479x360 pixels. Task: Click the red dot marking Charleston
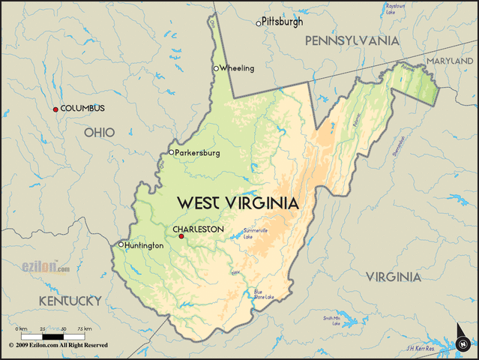(x=181, y=236)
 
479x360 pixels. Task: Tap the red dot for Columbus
(x=55, y=109)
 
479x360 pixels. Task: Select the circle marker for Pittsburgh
(x=259, y=23)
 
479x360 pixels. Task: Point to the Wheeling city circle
(x=216, y=69)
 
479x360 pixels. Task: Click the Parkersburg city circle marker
(x=171, y=152)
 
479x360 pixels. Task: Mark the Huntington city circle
(x=121, y=244)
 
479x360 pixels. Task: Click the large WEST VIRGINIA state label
(x=237, y=203)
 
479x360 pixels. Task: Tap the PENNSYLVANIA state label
(x=352, y=41)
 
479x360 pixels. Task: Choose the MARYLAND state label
(x=451, y=60)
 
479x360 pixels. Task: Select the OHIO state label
(x=99, y=133)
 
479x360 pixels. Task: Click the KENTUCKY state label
(x=70, y=301)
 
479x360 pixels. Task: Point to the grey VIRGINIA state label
(x=393, y=277)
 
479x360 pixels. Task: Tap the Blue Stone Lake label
(x=263, y=294)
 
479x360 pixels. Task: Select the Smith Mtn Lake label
(x=332, y=320)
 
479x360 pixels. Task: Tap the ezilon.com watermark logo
(x=45, y=267)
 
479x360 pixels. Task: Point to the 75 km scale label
(x=85, y=329)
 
